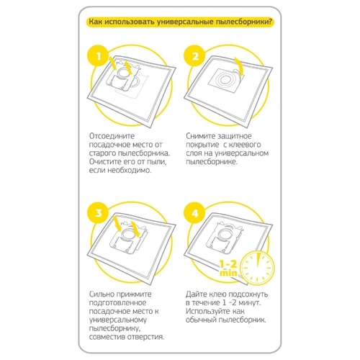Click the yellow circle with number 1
click(x=99, y=57)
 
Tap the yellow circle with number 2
click(x=195, y=57)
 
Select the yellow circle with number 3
click(x=99, y=213)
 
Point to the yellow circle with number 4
click(x=195, y=213)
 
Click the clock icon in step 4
click(x=258, y=268)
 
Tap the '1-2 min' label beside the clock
click(x=228, y=269)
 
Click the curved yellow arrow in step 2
click(x=239, y=66)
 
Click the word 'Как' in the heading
click(x=96, y=22)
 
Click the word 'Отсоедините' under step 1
click(x=112, y=136)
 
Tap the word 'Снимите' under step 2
click(x=200, y=136)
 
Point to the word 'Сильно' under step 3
click(x=102, y=294)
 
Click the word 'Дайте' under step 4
click(x=197, y=294)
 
